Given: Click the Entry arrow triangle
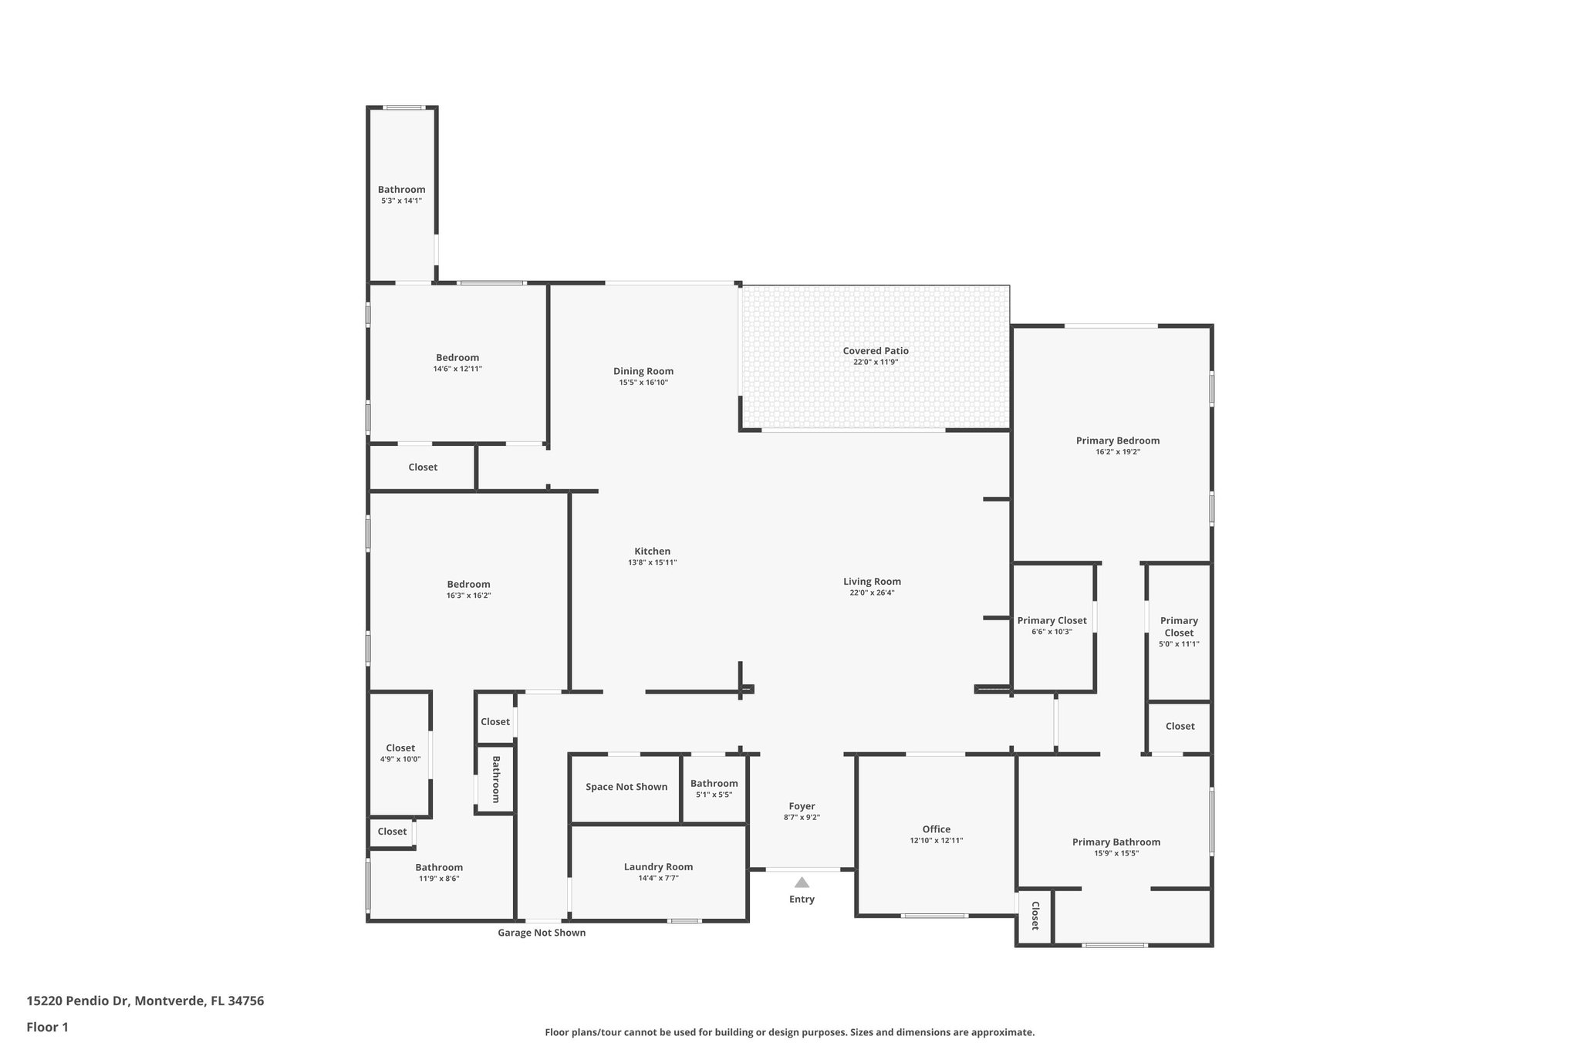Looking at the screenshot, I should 802,883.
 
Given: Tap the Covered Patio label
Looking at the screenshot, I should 876,351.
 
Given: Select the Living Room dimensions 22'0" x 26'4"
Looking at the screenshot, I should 872,593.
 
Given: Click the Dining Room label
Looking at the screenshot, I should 643,371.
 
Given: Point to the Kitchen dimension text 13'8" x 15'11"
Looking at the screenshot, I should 652,562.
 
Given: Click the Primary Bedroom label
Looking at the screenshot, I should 1117,440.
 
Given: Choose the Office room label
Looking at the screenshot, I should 936,829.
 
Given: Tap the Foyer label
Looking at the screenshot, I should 802,806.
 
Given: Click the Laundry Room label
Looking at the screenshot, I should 658,866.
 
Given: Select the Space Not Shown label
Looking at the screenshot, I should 626,787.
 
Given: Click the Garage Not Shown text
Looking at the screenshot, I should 541,933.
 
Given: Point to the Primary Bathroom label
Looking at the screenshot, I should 1116,842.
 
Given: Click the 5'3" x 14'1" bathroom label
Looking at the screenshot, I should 401,190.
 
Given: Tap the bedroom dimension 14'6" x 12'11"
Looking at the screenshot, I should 457,369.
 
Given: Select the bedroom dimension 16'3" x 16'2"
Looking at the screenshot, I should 468,596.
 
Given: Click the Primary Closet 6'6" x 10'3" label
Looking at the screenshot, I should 1052,621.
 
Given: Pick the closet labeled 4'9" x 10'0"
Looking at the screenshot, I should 400,748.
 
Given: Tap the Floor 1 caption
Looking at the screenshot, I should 47,1027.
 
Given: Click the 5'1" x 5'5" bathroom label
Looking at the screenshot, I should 714,784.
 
